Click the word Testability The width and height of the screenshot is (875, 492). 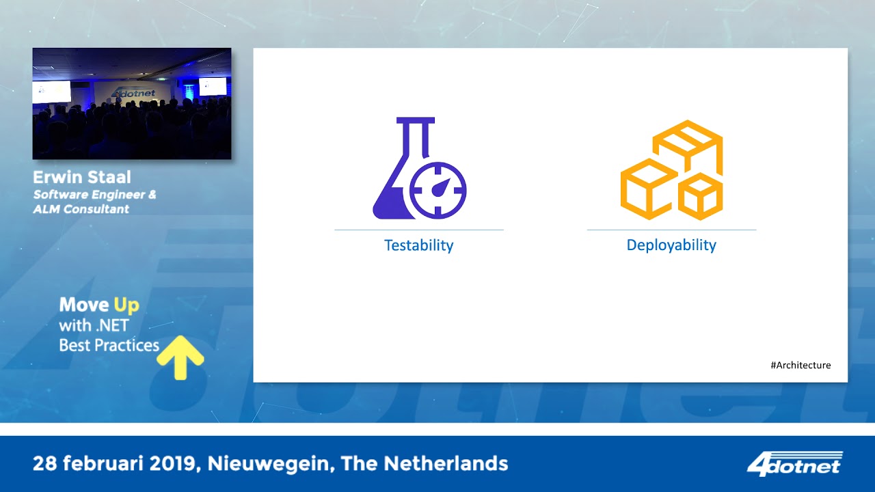418,245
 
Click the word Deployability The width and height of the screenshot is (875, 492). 671,245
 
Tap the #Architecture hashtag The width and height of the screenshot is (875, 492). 800,366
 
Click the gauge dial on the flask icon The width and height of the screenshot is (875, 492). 440,189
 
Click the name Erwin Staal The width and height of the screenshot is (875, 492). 81,178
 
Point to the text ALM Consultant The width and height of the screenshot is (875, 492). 81,209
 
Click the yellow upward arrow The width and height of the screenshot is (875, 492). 180,356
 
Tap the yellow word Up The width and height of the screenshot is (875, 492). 126,305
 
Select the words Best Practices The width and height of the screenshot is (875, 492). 109,345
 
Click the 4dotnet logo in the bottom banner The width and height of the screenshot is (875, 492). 794,464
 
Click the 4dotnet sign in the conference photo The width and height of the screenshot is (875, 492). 133,92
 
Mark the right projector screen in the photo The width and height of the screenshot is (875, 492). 213,86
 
